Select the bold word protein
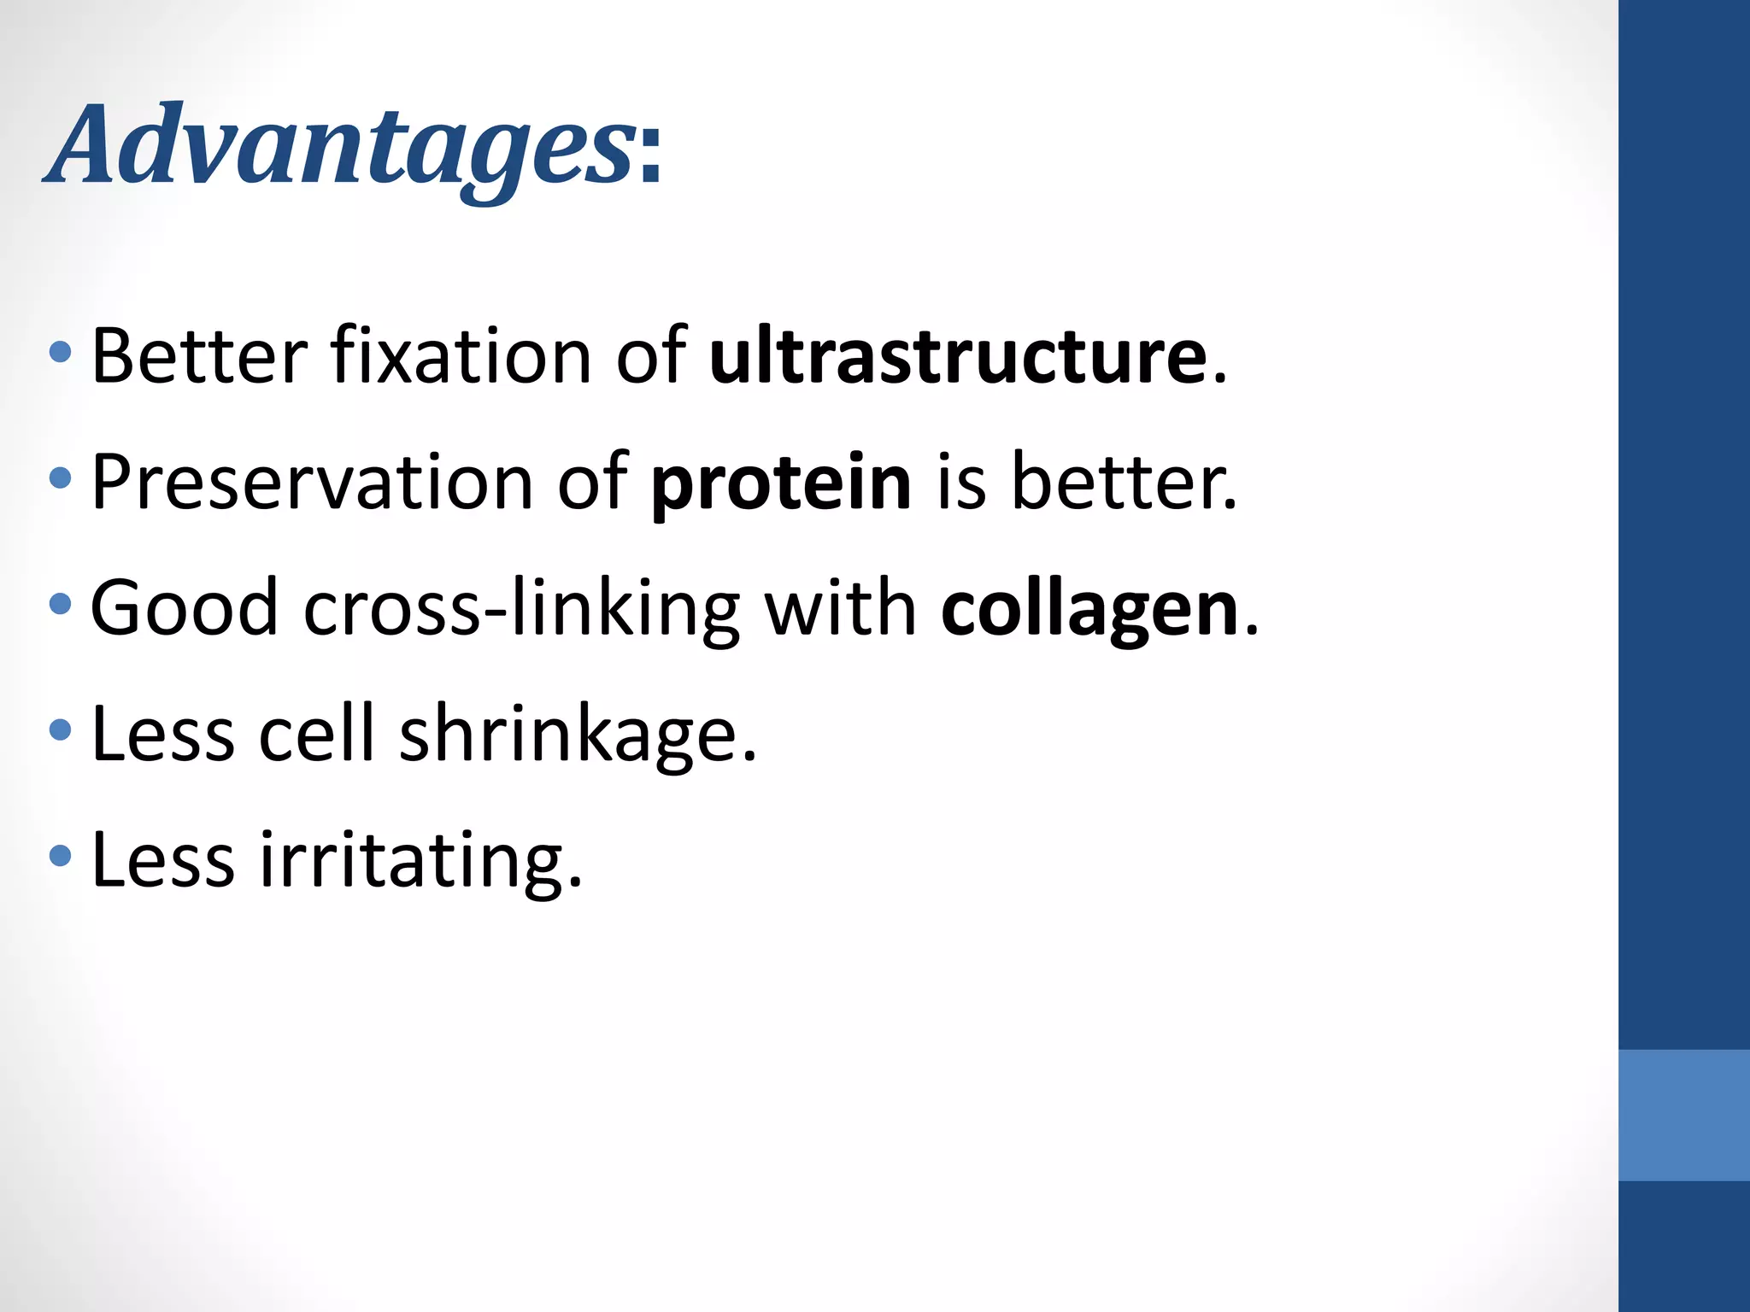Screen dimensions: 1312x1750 coord(781,483)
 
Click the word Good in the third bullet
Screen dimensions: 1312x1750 coord(184,609)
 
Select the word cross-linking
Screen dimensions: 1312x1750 coord(520,609)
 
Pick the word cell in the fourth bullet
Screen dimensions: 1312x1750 coord(317,735)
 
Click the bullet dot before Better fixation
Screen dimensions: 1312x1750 coord(61,352)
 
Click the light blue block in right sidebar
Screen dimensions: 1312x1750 coord(1683,1115)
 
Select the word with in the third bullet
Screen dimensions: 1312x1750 coord(840,609)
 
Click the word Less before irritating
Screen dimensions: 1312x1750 coord(162,861)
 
